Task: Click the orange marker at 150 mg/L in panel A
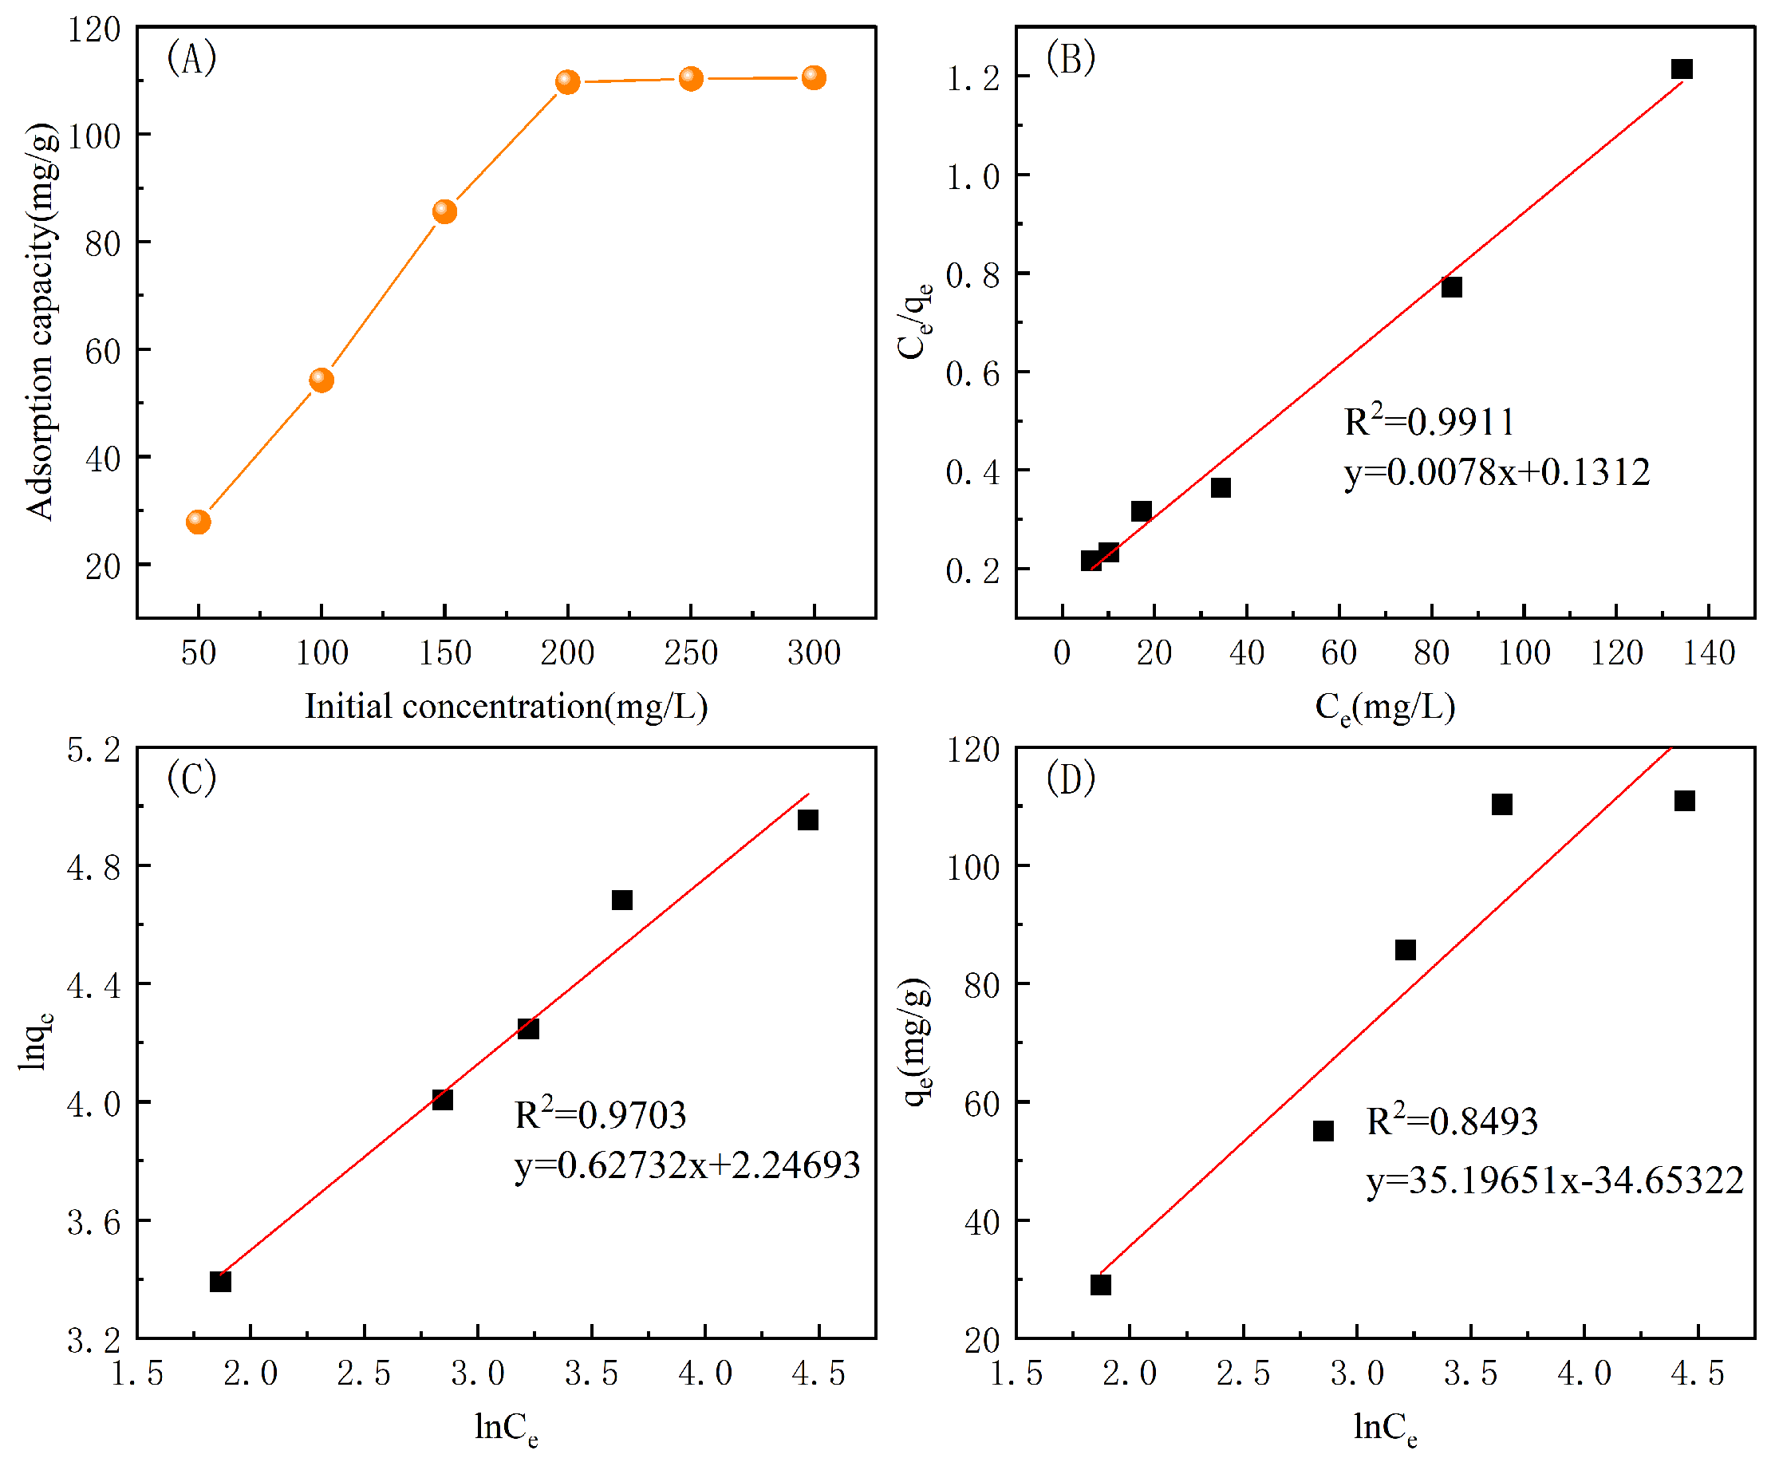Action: click(444, 211)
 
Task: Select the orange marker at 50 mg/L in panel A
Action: click(198, 522)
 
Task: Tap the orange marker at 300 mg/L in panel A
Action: click(813, 78)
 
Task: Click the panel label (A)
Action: click(192, 58)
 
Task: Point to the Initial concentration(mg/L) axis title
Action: click(506, 706)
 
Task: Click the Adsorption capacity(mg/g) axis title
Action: click(41, 321)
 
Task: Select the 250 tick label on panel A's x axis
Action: click(691, 652)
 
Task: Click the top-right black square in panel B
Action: click(1681, 69)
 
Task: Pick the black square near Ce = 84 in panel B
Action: click(1451, 287)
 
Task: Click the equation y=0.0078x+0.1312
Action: click(1496, 471)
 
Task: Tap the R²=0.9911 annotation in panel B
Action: click(1430, 421)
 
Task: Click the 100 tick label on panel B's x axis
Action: click(1524, 652)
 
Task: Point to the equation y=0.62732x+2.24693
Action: click(686, 1165)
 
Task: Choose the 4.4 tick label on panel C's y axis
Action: click(94, 986)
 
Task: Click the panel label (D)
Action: click(1070, 778)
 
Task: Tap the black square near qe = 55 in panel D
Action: click(1323, 1131)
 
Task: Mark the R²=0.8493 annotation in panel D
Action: click(1451, 1121)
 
